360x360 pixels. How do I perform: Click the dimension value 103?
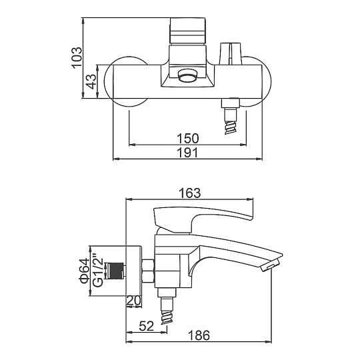(77, 57)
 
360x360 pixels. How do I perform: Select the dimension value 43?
(92, 81)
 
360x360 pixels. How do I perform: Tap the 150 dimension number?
(187, 138)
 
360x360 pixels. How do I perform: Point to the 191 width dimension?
(187, 153)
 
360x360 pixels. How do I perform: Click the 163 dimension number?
(189, 193)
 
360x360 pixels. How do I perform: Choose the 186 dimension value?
(199, 335)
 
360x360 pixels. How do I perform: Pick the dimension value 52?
(146, 326)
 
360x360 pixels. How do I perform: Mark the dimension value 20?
(133, 301)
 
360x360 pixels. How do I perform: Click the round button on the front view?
(188, 76)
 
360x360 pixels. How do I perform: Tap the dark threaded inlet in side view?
(115, 271)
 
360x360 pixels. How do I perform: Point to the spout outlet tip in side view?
(271, 265)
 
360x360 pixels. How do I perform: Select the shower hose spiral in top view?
(231, 127)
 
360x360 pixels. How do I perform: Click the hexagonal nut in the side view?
(148, 271)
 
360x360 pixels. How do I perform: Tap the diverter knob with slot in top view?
(230, 53)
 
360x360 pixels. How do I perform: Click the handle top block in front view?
(188, 31)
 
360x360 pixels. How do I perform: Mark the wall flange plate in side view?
(133, 271)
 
